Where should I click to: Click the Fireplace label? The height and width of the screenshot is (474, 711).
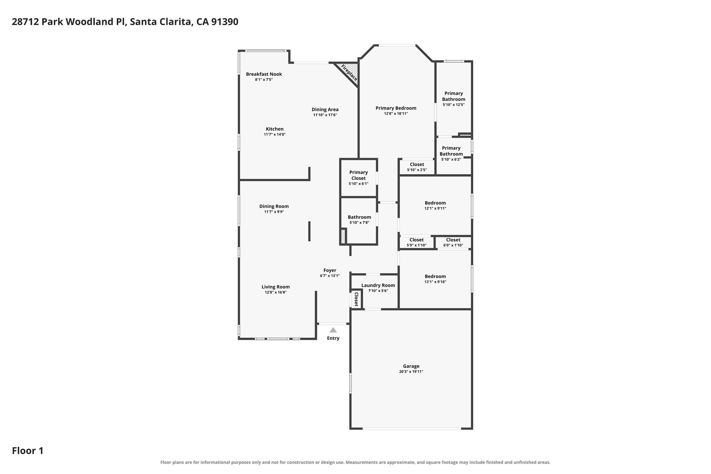(349, 73)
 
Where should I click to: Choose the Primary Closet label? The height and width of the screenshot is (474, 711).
(359, 175)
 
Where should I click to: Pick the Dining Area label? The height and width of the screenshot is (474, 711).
(325, 109)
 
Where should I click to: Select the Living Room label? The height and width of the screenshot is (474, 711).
(275, 287)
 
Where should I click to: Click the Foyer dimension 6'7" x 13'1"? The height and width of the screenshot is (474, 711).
(330, 276)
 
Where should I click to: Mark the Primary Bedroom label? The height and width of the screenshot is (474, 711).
(396, 108)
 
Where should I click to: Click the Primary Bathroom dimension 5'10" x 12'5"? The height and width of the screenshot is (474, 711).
(453, 105)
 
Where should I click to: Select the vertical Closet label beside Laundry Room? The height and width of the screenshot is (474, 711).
(356, 299)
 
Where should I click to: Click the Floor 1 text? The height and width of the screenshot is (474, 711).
(27, 451)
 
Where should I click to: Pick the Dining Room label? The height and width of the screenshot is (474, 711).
(274, 206)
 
